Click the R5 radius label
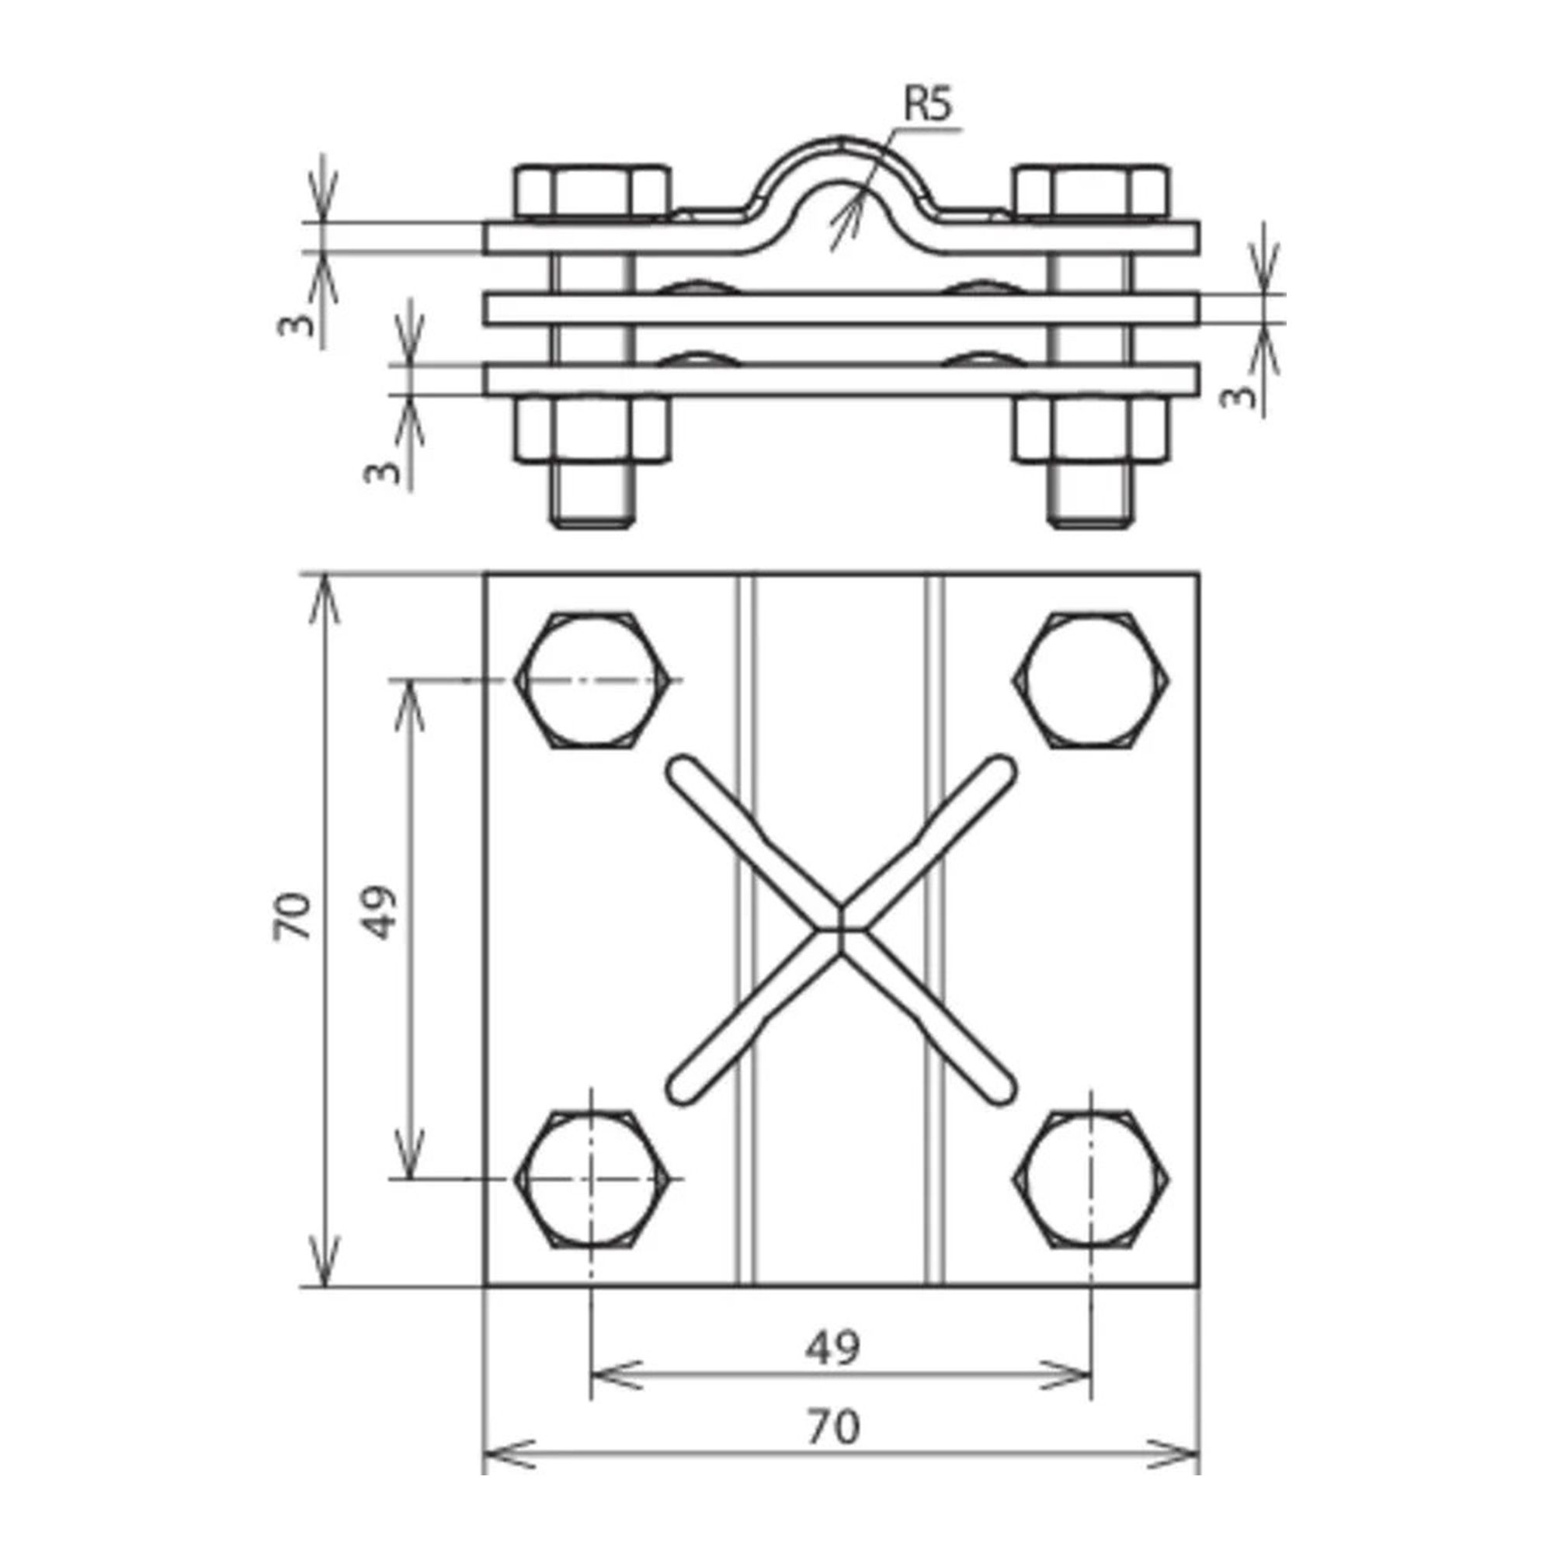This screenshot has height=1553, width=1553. [x=928, y=106]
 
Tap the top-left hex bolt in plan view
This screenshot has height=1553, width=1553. [x=592, y=681]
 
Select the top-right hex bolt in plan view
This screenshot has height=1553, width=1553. [x=1091, y=681]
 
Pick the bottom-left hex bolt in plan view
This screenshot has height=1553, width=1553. [x=592, y=1180]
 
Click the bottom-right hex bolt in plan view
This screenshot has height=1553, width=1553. [x=1091, y=1180]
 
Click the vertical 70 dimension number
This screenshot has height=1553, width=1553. [x=291, y=916]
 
